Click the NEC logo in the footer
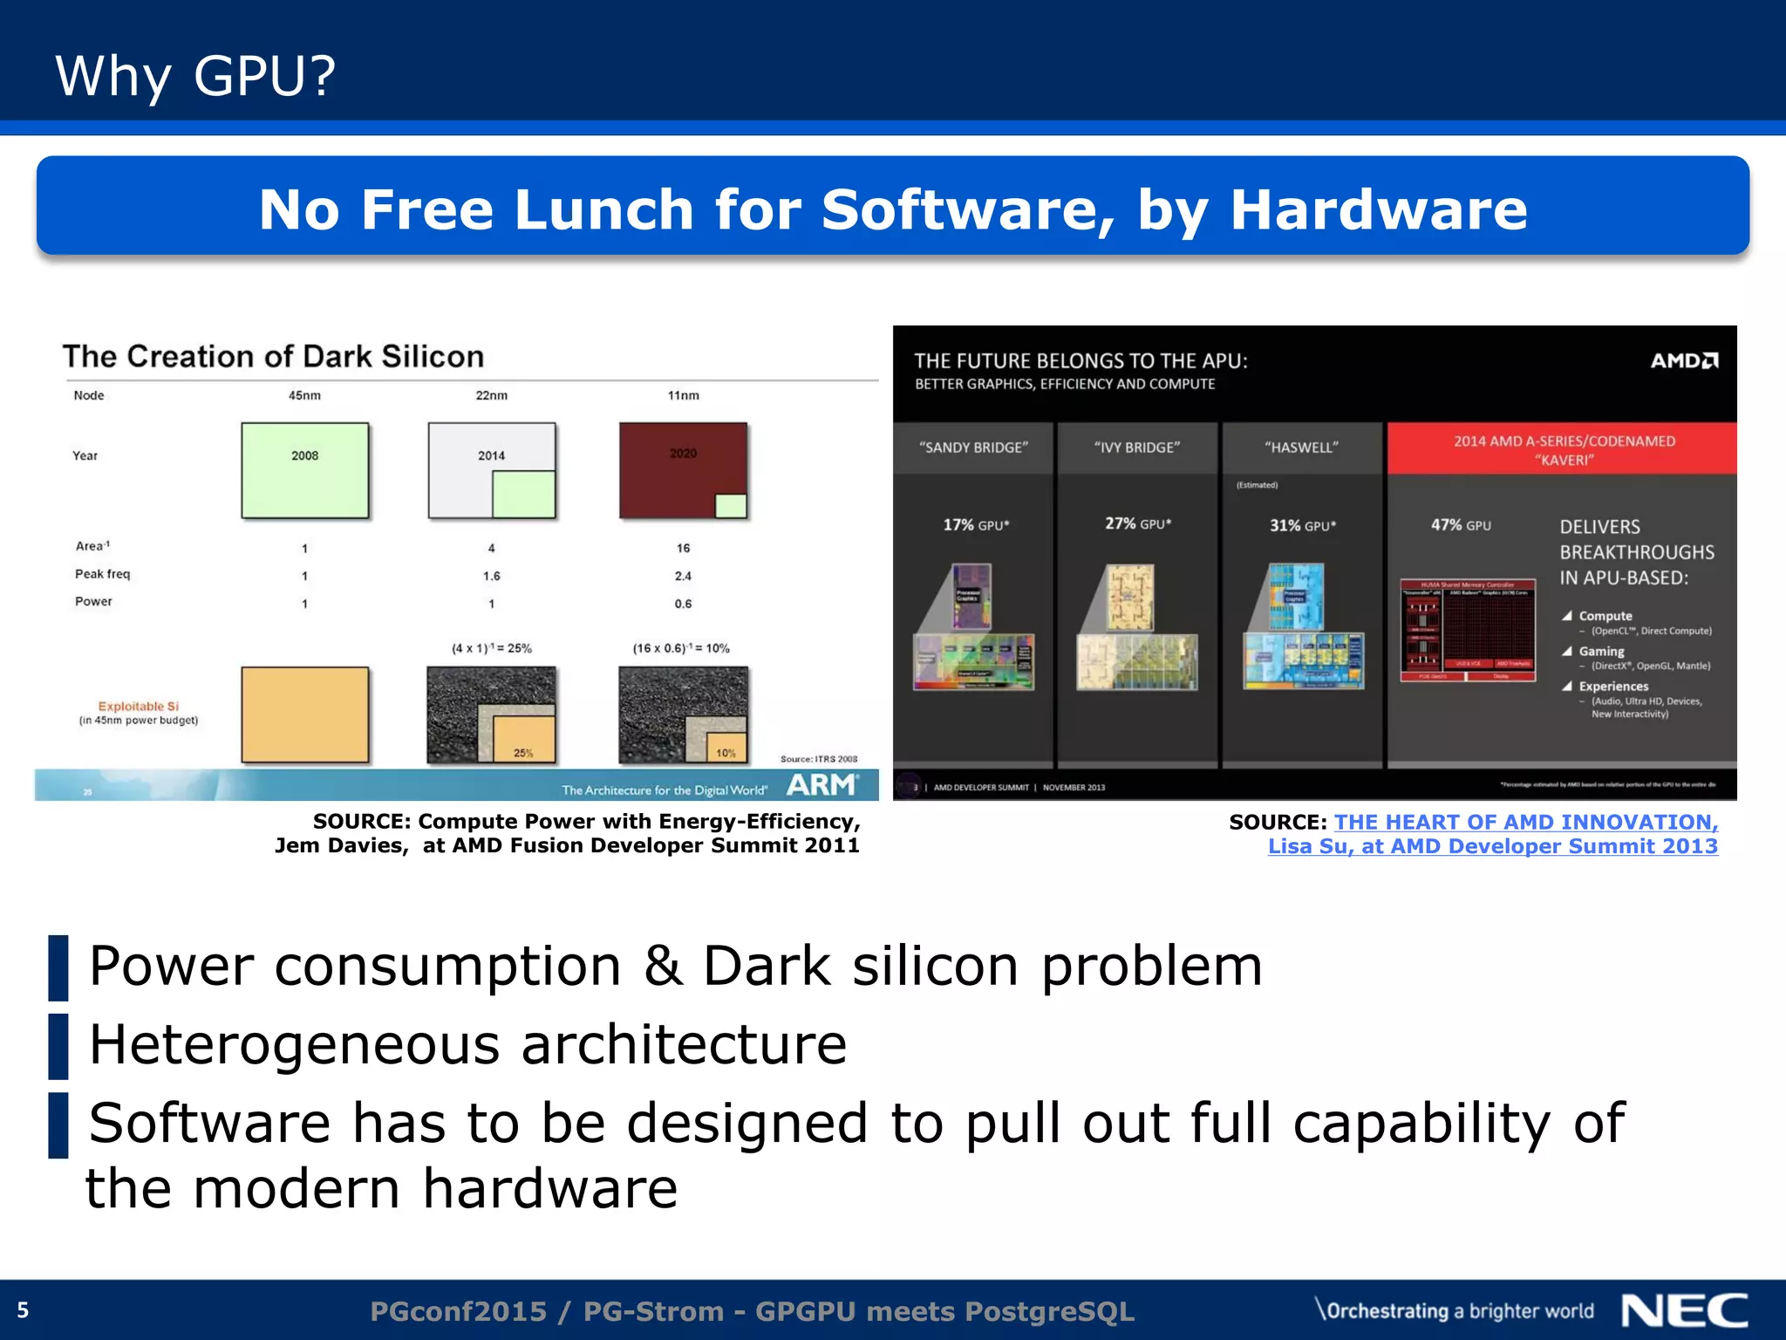pos(1684,1311)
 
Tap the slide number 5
pos(24,1310)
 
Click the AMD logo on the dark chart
pos(1684,360)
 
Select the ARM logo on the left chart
pos(821,785)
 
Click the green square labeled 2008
pos(304,470)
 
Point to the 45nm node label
pos(304,395)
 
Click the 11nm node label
pos(683,395)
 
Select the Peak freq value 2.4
pos(683,576)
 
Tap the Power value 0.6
pos(683,604)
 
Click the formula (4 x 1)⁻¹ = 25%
pos(491,648)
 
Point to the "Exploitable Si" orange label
pos(138,707)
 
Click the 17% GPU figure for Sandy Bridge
pos(976,524)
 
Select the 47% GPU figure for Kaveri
pos(1461,525)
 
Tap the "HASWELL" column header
pos(1301,448)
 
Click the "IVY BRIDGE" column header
pos(1137,448)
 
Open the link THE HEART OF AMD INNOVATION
pos(1525,822)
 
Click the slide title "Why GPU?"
pos(195,75)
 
